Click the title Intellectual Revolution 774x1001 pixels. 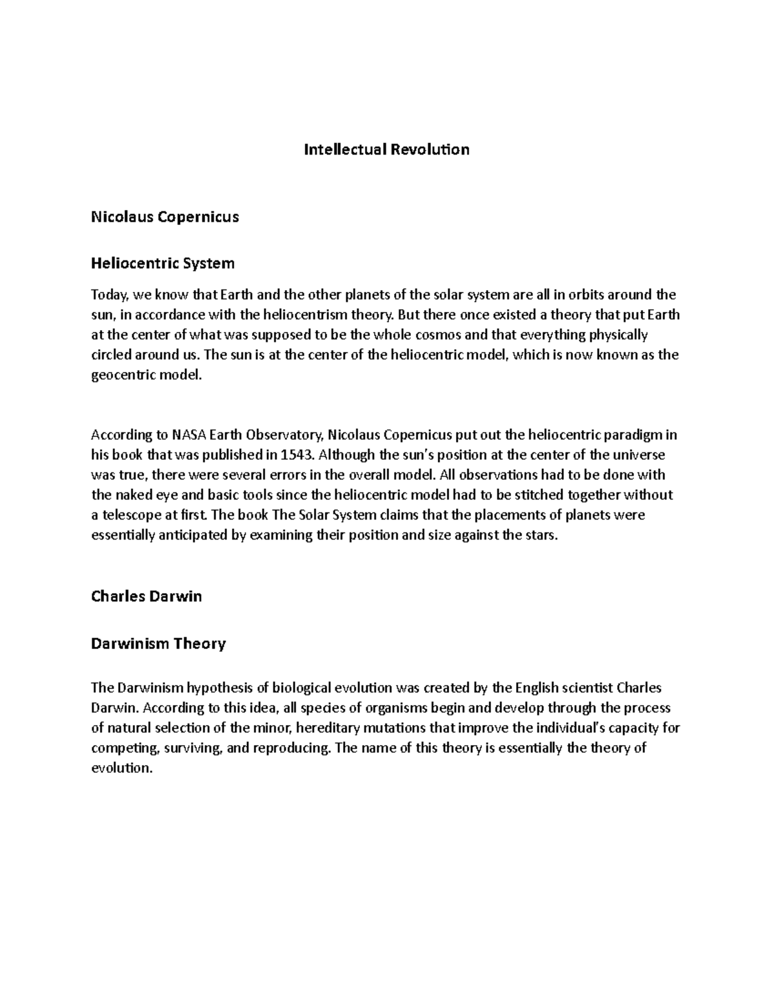point(386,150)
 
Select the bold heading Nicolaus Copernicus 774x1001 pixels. point(165,217)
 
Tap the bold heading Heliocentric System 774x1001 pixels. point(163,264)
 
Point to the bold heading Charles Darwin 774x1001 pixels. point(146,596)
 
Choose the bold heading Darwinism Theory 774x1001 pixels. point(158,643)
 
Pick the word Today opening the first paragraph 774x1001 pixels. point(110,295)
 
